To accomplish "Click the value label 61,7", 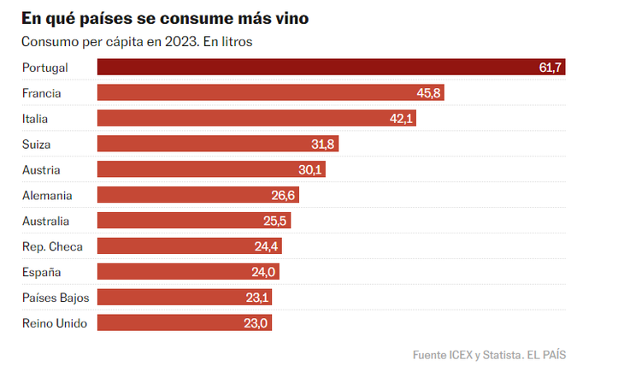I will click(550, 68).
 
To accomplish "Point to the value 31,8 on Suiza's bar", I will click(323, 144).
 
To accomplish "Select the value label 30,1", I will click(310, 169).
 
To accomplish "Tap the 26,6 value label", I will click(284, 195).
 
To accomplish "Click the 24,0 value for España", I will click(264, 272).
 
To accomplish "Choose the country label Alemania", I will click(47, 195).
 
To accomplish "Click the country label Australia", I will click(47, 221).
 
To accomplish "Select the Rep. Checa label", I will click(52, 246).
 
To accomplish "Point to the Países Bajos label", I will click(56, 298).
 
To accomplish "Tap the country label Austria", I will click(41, 169).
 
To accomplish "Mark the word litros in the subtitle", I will click(235, 41).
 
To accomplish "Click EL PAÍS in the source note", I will click(546, 354).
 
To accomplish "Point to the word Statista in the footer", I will click(498, 354).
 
